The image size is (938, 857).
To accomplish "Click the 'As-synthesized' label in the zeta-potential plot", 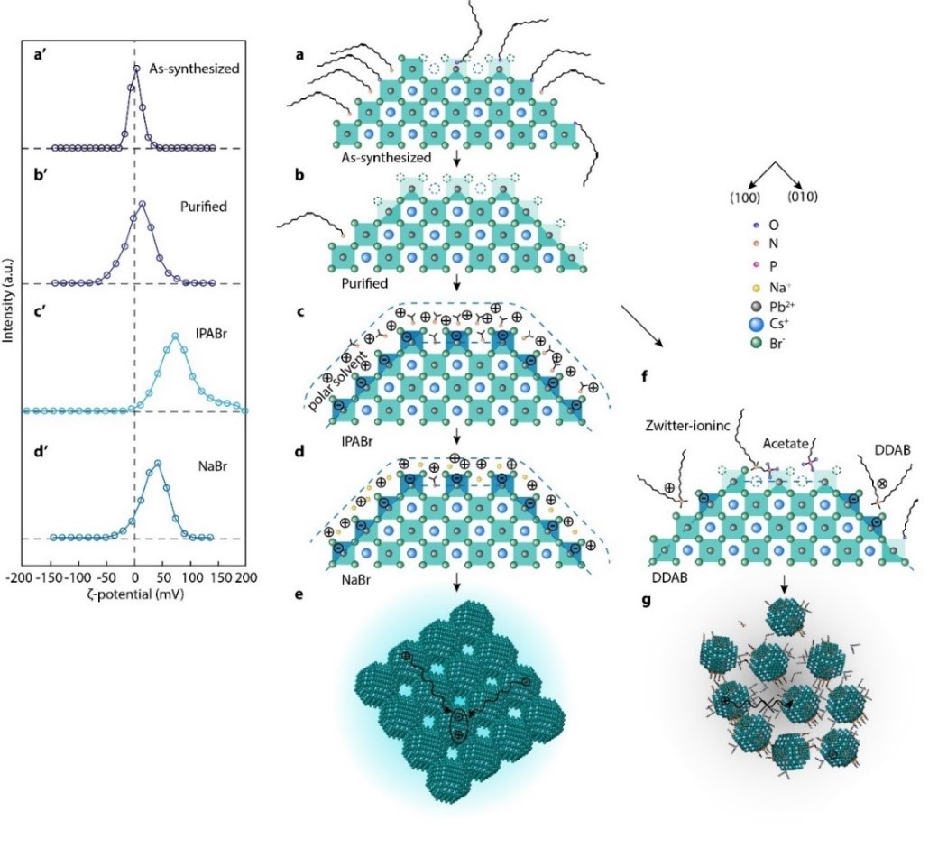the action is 194,69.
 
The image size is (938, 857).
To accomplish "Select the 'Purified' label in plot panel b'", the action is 204,207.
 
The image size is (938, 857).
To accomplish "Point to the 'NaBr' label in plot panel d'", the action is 212,465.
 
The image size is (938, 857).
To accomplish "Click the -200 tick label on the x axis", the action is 18,577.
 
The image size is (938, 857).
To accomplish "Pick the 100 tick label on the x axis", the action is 192,577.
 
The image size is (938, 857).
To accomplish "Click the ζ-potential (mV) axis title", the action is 134,594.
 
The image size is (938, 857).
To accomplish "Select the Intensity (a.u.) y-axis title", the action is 8,300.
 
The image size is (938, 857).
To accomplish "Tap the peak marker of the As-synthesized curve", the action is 136,69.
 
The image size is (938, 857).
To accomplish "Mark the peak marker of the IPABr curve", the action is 175,336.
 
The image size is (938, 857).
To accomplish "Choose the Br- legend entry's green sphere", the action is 756,344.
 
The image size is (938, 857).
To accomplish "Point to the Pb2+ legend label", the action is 782,306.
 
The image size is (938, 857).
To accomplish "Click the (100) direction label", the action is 744,198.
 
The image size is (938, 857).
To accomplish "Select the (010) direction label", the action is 802,197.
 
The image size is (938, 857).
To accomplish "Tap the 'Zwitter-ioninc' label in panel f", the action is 687,426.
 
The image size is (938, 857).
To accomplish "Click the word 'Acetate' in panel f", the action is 786,444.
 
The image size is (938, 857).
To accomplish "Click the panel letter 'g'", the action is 646,600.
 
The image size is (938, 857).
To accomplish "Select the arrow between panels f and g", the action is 785,585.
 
